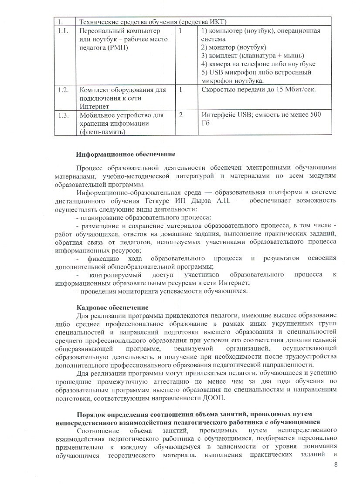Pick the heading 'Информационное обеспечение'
pos(126,154)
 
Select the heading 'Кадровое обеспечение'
pos(112,307)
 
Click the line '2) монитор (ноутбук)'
pos(234,47)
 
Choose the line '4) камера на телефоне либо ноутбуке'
pos(258,64)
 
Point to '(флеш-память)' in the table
pos(103,132)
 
